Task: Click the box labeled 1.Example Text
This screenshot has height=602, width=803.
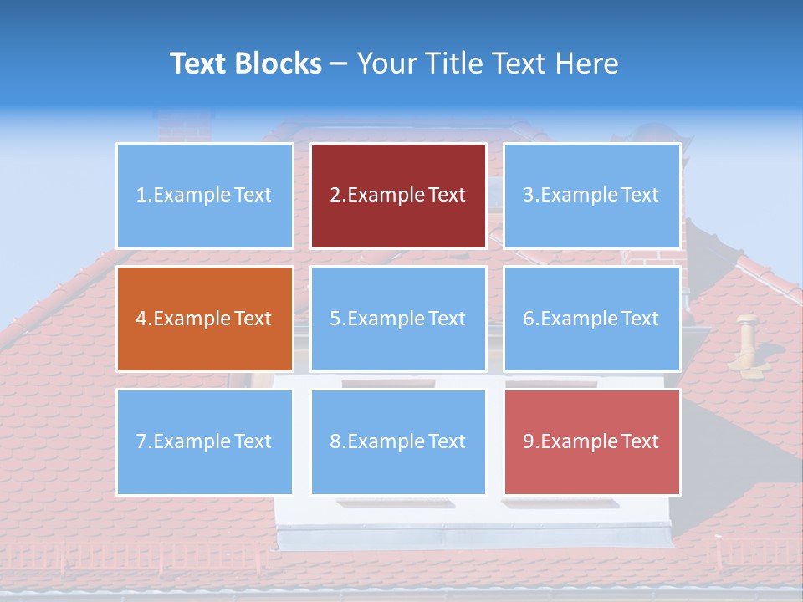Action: [x=205, y=196]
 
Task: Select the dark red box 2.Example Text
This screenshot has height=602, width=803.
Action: [x=398, y=196]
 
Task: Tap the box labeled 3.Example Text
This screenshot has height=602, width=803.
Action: [x=591, y=196]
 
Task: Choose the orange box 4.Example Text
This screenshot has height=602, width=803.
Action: [x=205, y=319]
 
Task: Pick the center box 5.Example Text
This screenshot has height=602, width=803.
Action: [x=398, y=319]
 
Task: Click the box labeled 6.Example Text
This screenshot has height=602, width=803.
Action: [x=591, y=319]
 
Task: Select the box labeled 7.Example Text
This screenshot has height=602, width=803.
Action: [x=205, y=441]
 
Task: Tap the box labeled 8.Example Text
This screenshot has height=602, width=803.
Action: [x=398, y=441]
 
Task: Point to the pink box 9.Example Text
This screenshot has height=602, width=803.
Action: [x=591, y=441]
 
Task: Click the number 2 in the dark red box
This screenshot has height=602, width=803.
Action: [x=335, y=196]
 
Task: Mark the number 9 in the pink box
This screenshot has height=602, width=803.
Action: [x=529, y=441]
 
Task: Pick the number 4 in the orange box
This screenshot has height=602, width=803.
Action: [x=141, y=319]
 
